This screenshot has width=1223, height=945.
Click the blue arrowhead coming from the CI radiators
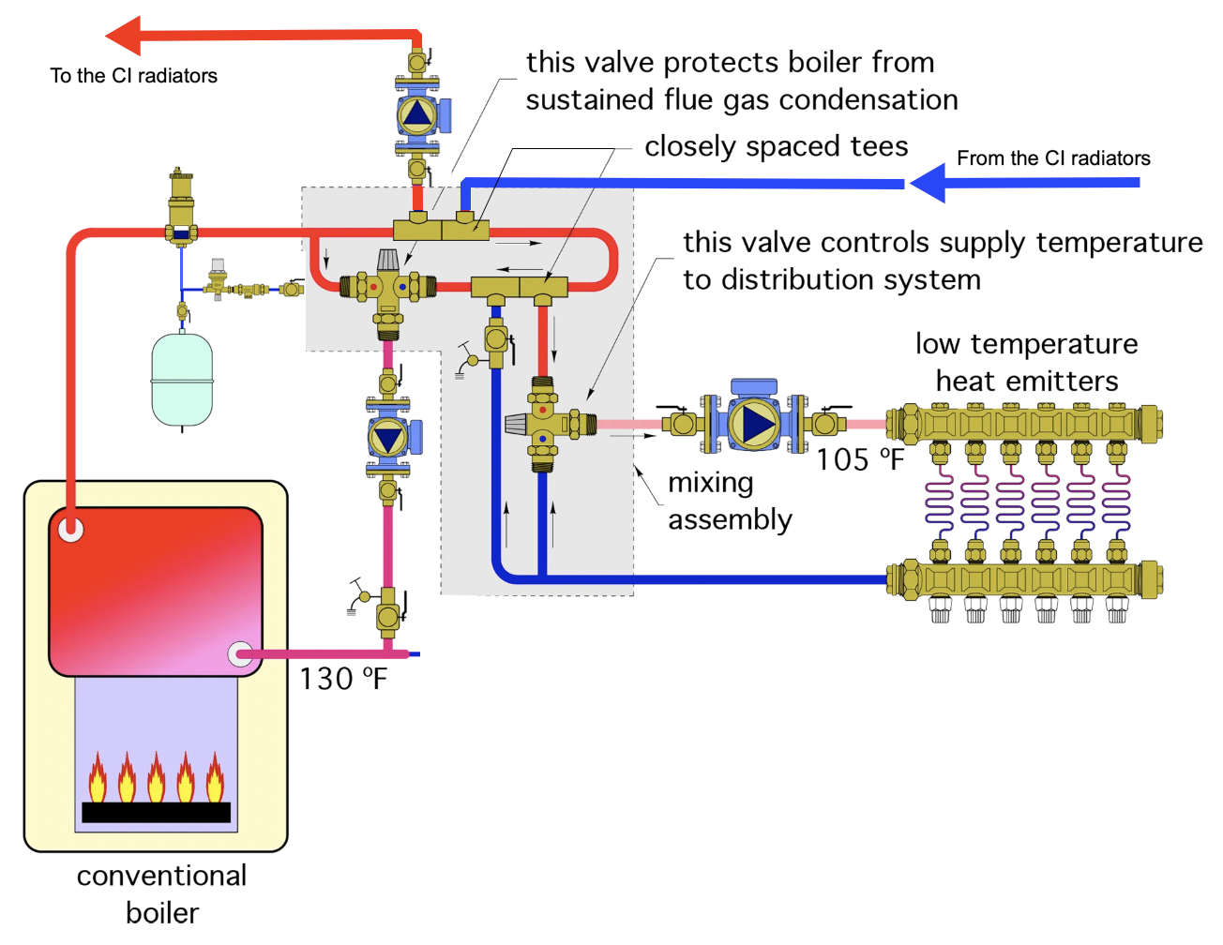pos(929,183)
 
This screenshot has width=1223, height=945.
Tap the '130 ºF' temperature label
pos(343,678)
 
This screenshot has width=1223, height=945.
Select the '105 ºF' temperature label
pos(859,459)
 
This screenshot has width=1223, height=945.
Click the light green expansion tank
pos(182,379)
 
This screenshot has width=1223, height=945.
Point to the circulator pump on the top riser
pos(416,114)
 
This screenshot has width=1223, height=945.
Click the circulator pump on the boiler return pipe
pos(387,438)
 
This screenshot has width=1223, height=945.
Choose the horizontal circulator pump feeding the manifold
pos(755,423)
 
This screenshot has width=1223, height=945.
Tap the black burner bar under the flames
pos(156,812)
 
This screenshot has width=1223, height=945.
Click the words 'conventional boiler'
pos(162,893)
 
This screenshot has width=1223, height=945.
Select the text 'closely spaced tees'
pos(776,146)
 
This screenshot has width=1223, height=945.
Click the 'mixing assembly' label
pos(730,501)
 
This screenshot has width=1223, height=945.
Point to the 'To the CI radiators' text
pos(133,76)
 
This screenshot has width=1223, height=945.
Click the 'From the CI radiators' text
pos(1053,158)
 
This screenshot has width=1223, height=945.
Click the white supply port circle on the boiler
pos(70,530)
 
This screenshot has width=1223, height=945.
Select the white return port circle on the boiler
pos(240,654)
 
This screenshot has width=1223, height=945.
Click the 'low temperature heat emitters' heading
pos(1026,362)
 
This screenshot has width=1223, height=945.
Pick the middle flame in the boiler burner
pos(156,778)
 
